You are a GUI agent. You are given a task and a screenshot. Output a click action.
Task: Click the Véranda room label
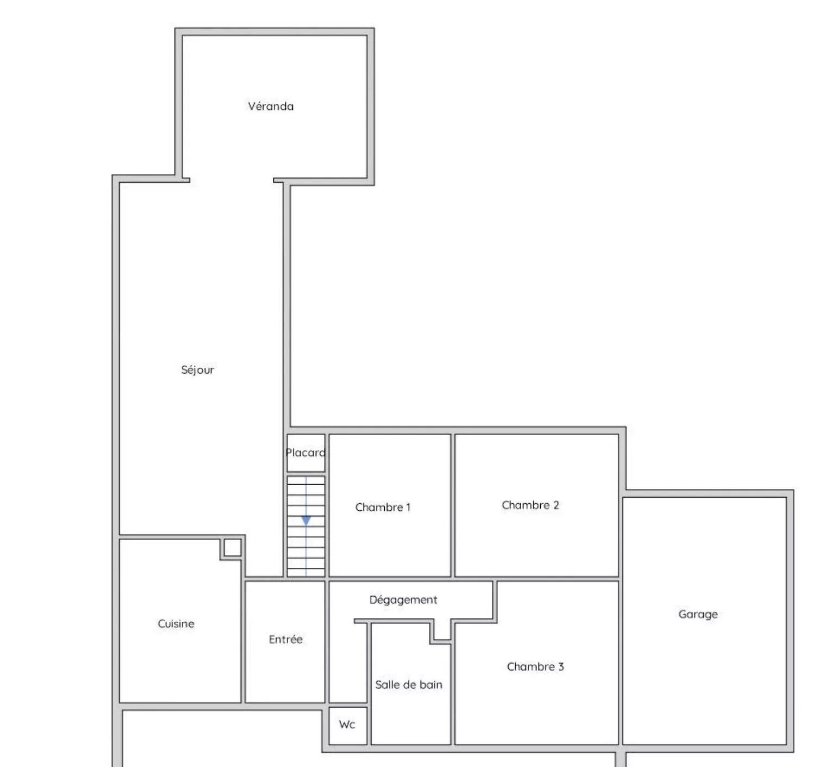(x=271, y=106)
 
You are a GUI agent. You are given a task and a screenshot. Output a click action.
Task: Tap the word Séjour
(x=198, y=370)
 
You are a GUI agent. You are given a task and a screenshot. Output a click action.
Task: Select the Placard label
(x=306, y=453)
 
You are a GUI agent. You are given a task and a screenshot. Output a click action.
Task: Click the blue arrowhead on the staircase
(x=306, y=521)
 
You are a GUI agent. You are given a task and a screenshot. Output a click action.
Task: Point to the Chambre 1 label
(x=383, y=507)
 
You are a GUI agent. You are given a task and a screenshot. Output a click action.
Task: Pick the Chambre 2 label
(x=530, y=505)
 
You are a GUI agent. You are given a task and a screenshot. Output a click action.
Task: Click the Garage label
(x=698, y=614)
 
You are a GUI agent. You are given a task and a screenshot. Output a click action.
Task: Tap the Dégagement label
(x=403, y=600)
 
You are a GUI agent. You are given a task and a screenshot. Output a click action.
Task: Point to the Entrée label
(x=286, y=639)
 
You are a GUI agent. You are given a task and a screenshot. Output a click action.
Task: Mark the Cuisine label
(x=176, y=623)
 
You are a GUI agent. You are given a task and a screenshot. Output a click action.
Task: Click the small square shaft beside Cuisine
(x=233, y=547)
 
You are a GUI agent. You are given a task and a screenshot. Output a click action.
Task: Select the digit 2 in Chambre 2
(x=556, y=505)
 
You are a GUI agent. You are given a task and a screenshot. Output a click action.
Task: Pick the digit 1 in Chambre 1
(x=408, y=507)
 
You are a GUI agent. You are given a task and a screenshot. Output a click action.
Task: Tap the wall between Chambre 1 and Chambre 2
(x=453, y=505)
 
